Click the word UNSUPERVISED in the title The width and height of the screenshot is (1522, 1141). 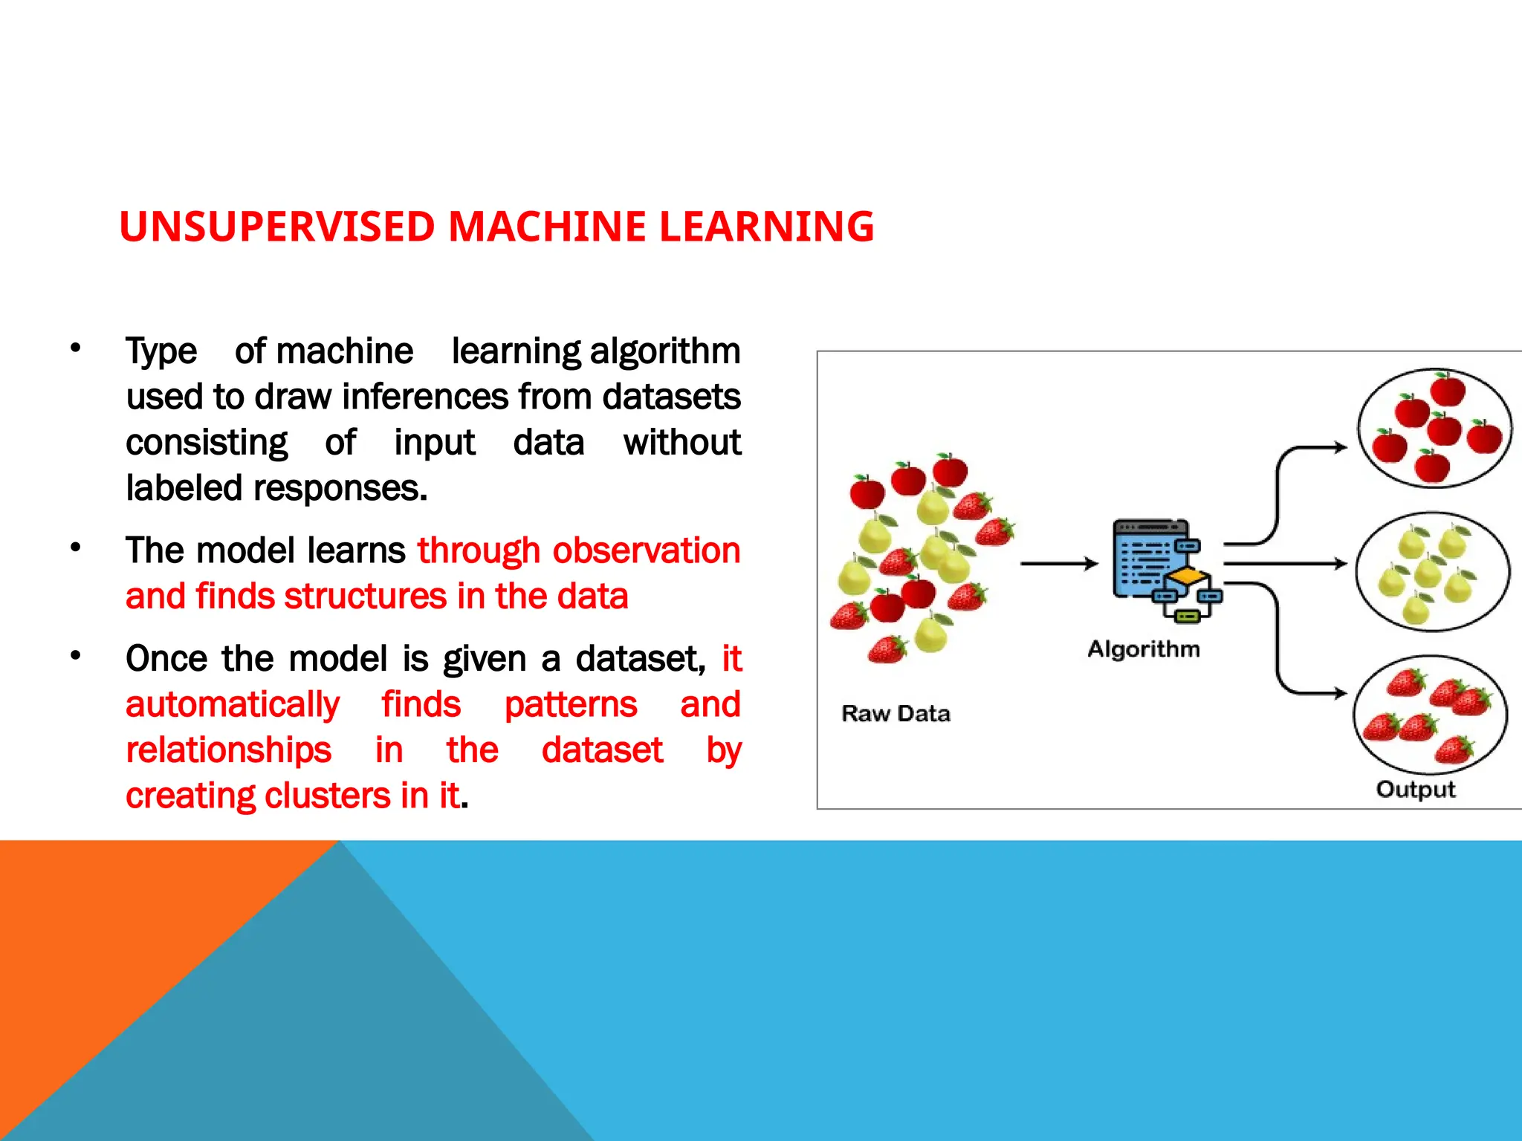tap(277, 227)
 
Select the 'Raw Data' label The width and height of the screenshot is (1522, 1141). tap(896, 714)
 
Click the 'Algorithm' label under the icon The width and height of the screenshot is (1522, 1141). tap(1144, 649)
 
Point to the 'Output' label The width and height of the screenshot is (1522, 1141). tap(1415, 789)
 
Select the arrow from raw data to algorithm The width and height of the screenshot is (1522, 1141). tap(1058, 564)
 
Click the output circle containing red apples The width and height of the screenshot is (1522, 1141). tap(1434, 429)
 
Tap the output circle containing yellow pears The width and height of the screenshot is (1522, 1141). tap(1432, 571)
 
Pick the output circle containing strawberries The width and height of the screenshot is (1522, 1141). tap(1430, 715)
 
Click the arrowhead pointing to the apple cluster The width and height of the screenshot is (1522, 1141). tap(1340, 447)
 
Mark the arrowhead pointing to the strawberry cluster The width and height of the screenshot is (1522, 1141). tap(1340, 693)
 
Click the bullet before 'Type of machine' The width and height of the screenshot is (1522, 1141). tap(75, 348)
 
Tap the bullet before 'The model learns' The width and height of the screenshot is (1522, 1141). tap(75, 548)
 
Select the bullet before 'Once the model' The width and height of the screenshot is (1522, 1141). tap(75, 656)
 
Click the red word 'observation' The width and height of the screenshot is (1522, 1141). tap(646, 550)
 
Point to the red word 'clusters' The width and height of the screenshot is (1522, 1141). tap(328, 796)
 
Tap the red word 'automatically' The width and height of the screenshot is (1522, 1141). tap(233, 705)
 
